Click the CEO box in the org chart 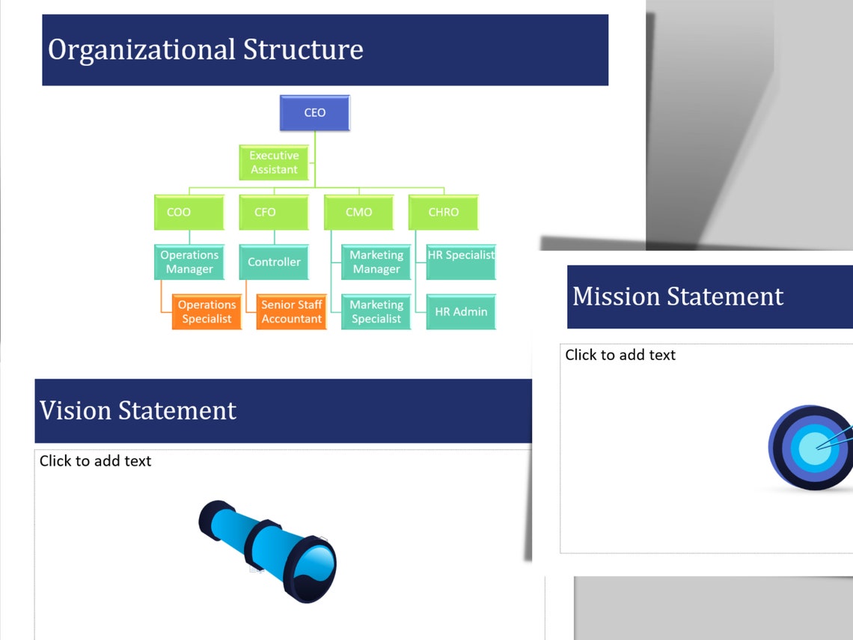314,113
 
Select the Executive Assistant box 274,162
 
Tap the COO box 189,213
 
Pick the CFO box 274,213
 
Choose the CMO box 358,213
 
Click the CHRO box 443,213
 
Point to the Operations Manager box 189,262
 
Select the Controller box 274,262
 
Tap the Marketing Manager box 376,262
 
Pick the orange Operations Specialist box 207,312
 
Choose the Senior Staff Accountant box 291,312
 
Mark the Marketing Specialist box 376,312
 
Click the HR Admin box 461,312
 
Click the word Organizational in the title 141,50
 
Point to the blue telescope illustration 268,549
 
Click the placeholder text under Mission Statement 620,355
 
